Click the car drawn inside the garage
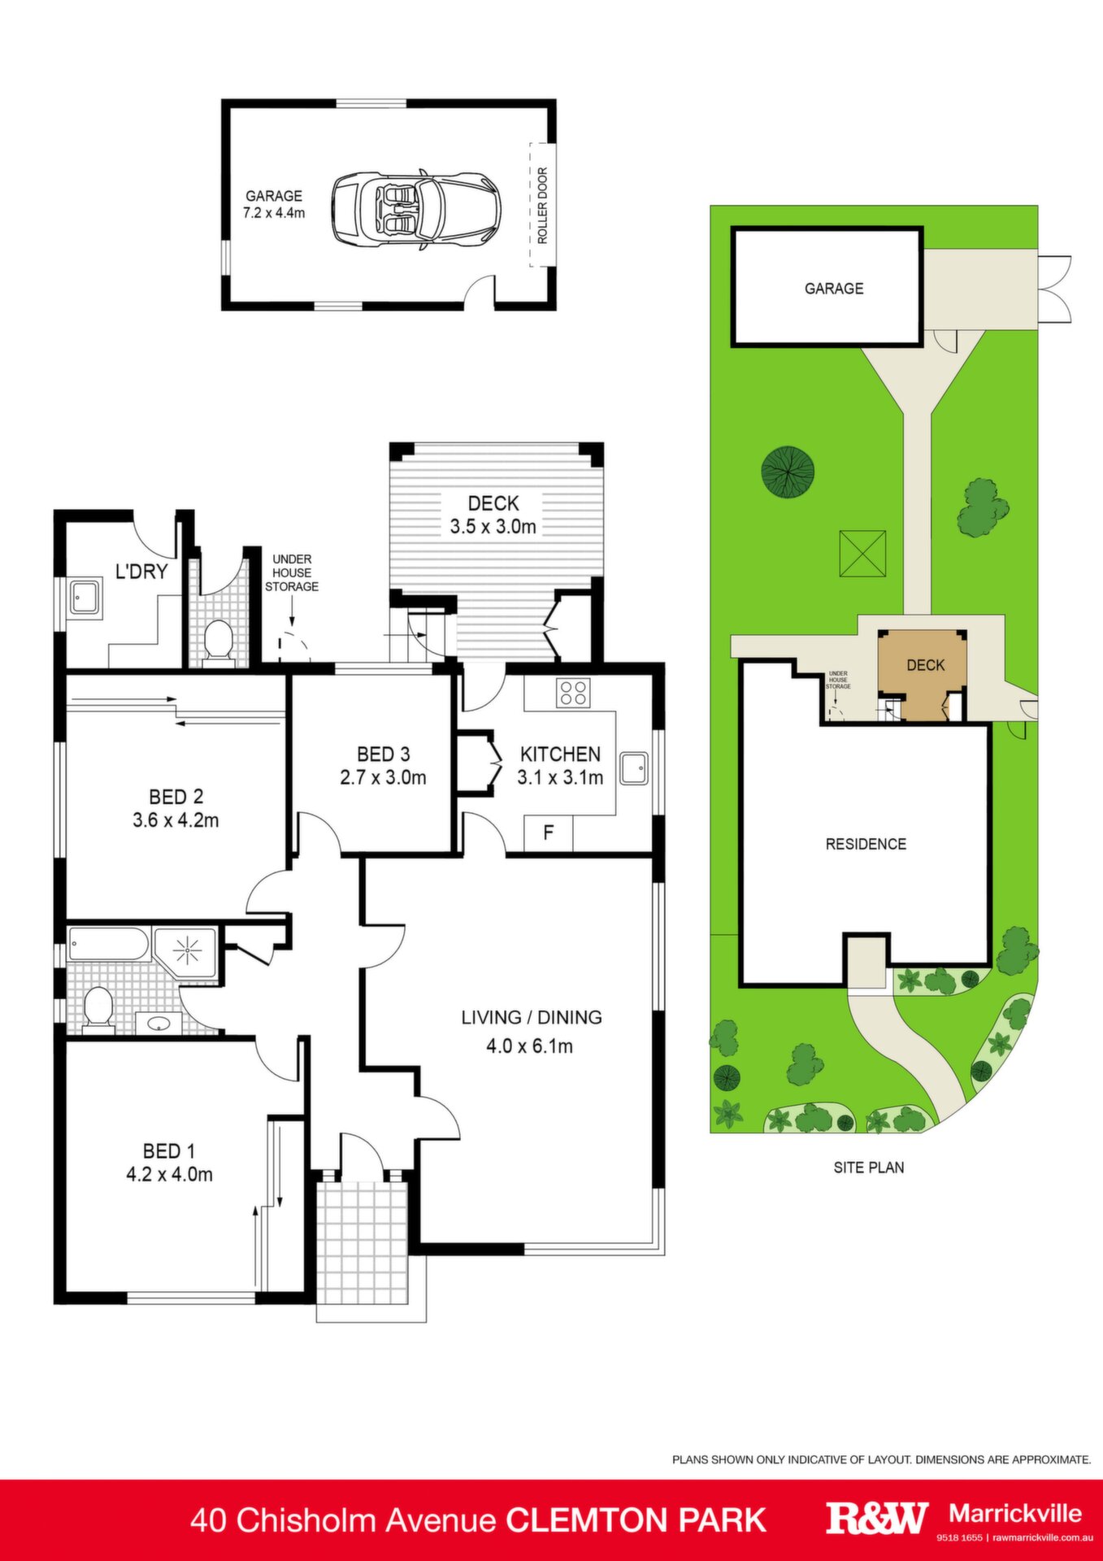(x=415, y=209)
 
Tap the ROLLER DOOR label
(x=542, y=206)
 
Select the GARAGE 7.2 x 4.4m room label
(x=274, y=204)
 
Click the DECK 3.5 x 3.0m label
(x=493, y=515)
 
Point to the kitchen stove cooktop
(x=572, y=693)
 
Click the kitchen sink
(x=634, y=768)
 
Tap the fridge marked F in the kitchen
(x=548, y=833)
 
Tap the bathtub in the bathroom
(x=109, y=944)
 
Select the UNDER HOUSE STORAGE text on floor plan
(x=292, y=572)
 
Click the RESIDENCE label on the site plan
(x=866, y=844)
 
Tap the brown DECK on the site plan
(x=923, y=673)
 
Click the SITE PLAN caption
(x=868, y=1167)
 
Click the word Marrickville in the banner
(x=1015, y=1513)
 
